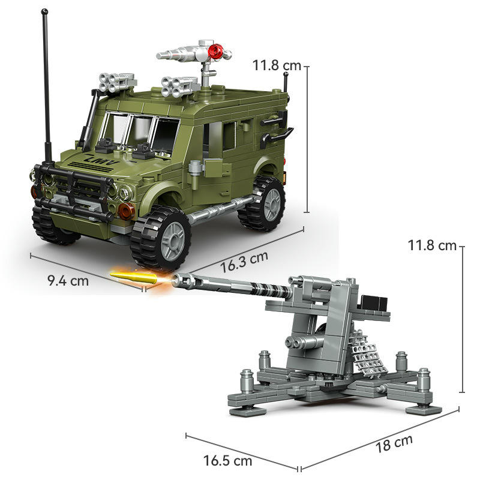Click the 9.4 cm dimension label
pos(68,281)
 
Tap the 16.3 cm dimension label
pos(244,262)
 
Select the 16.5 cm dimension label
pos(228,461)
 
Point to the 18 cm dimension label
pos(394,443)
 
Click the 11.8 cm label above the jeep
pos(277,65)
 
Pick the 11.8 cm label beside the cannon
pos(432,245)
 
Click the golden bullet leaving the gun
pos(134,277)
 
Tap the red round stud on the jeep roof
pos(216,50)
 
